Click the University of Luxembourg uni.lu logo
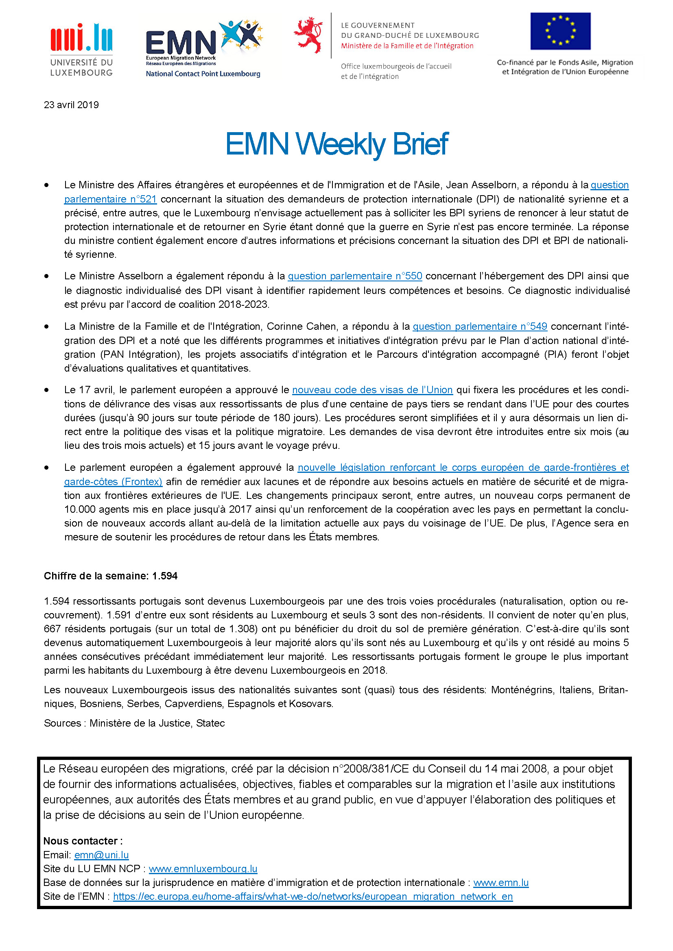pos(81,49)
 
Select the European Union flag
pos(560,31)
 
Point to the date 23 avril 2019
pos(71,105)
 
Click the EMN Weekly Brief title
pos(336,144)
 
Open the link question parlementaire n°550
pos(355,276)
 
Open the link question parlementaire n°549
pos(480,326)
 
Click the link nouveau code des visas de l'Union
pos(372,390)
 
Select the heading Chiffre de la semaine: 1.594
pos(111,576)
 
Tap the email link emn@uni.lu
pos(102,855)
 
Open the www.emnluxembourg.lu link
pos(203,868)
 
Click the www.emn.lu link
pos(500,883)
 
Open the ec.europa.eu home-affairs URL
pos(313,897)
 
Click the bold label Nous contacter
pos(83,841)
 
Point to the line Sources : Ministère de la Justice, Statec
pos(134,723)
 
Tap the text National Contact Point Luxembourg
pos(203,74)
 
